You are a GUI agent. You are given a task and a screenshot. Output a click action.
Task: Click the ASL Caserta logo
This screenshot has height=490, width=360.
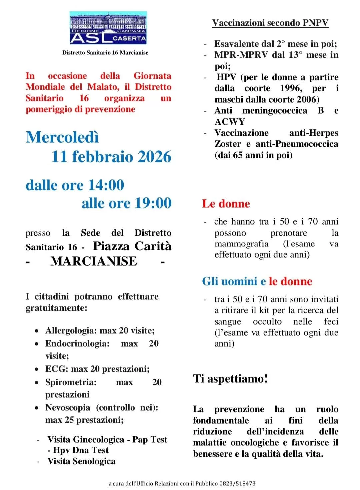pos(108,28)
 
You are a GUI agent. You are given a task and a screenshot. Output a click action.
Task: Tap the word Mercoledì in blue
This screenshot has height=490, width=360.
pos(62,137)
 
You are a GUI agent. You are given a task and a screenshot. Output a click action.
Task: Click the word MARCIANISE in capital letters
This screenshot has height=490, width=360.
pos(94,261)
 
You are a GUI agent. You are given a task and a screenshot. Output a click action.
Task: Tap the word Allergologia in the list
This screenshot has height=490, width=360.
pos(71,331)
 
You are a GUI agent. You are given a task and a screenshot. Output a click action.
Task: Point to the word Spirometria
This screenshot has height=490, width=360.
pos(71,382)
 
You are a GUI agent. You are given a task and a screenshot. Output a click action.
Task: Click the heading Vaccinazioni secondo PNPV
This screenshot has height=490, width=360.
pos(270,23)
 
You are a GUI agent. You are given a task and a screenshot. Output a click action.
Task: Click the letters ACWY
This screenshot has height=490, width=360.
pos(230,122)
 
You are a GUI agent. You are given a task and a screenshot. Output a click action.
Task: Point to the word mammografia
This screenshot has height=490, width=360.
pos(241,244)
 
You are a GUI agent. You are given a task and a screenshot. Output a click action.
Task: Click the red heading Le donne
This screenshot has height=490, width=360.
pos(226,204)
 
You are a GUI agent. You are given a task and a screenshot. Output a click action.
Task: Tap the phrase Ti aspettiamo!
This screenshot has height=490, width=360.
pos(230,379)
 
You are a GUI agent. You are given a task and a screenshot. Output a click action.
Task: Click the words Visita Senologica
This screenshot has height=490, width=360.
pos(81,461)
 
